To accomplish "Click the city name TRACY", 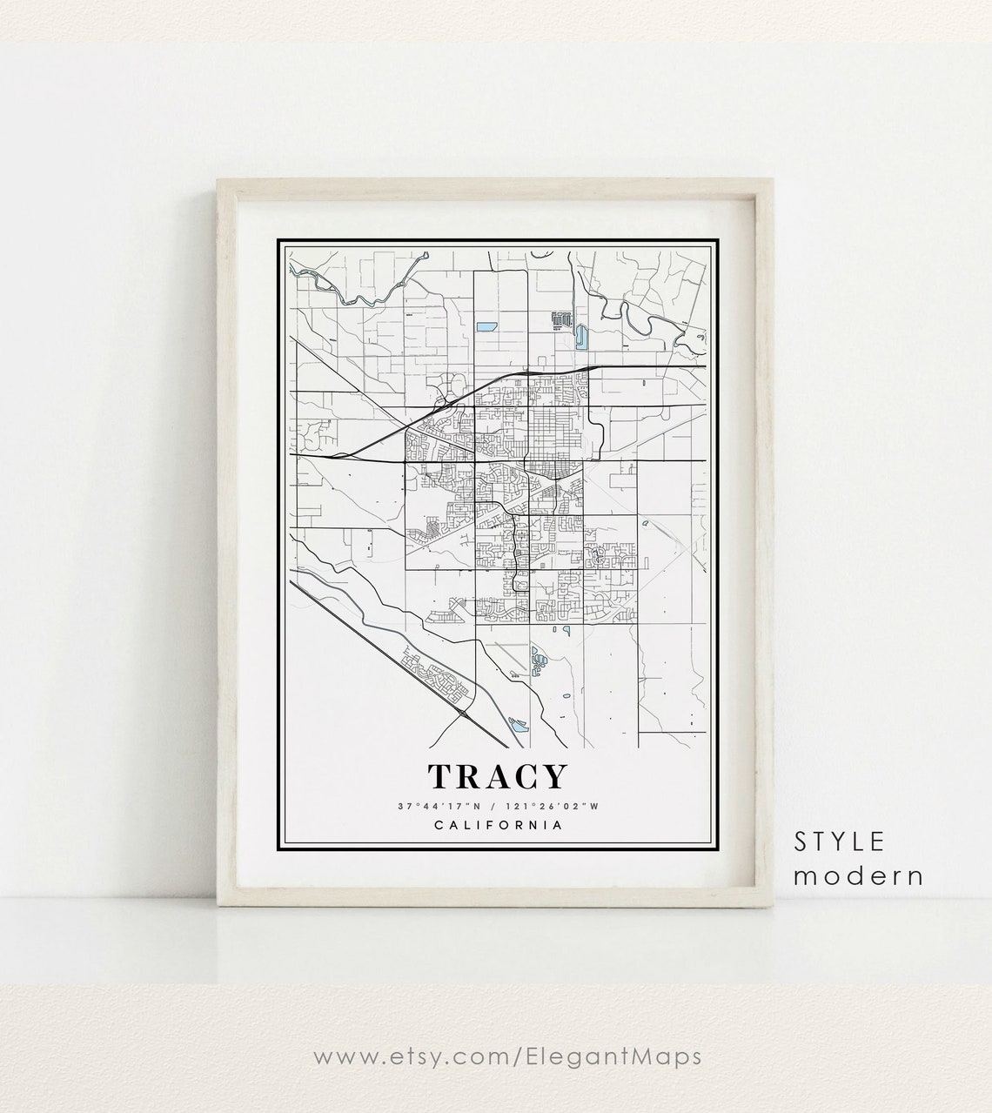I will point(496,777).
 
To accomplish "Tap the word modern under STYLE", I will point(858,875).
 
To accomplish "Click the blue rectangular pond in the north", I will point(486,328).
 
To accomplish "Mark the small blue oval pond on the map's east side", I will point(646,523).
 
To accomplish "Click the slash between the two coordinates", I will point(493,806).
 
